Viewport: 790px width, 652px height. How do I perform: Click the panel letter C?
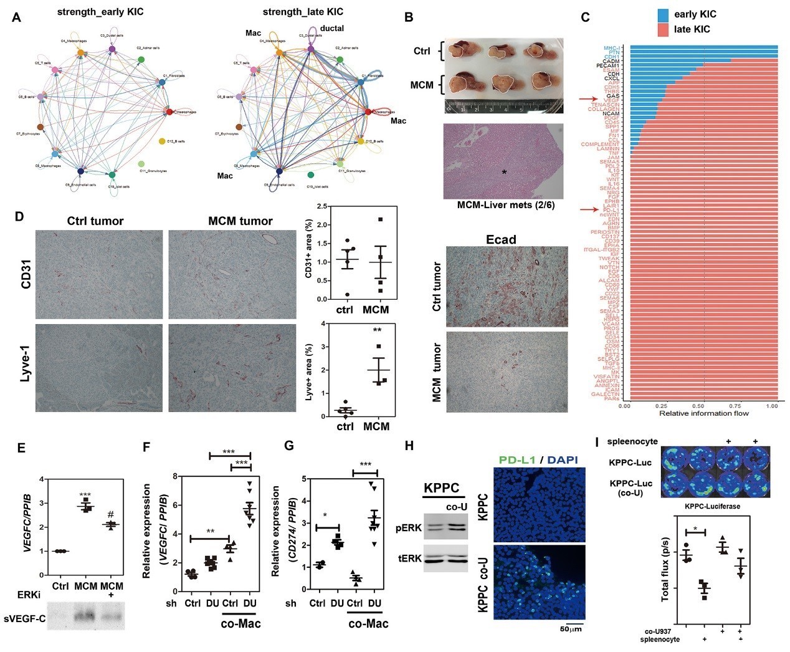[585, 17]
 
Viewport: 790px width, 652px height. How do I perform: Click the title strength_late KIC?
[303, 12]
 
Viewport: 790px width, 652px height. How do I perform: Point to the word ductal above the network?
[331, 28]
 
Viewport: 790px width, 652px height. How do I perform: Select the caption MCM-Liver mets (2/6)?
[503, 205]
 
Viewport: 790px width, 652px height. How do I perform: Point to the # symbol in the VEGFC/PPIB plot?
[112, 515]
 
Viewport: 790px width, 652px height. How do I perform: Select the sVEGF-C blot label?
[25, 620]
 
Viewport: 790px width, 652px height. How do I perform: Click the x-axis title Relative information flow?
[703, 413]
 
